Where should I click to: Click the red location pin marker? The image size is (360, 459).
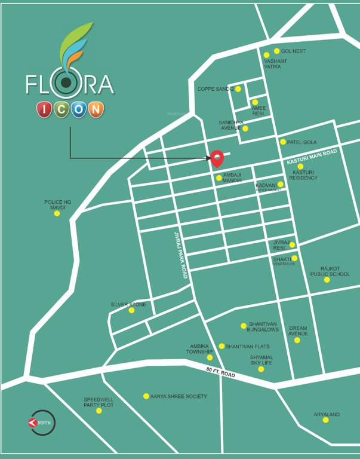[x=217, y=158]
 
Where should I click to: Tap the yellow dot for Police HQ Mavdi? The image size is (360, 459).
[x=57, y=213]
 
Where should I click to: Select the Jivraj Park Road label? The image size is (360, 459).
[x=181, y=255]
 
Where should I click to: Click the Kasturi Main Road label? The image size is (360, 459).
[x=312, y=157]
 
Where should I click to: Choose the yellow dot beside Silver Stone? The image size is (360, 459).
[x=131, y=310]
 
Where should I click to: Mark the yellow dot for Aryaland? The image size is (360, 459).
[x=326, y=420]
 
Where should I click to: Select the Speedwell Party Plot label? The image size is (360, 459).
[x=99, y=402]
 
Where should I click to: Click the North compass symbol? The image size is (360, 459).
[x=41, y=423]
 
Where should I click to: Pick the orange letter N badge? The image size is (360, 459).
[x=96, y=109]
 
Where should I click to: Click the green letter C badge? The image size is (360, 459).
[x=61, y=109]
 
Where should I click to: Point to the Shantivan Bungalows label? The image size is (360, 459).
[x=264, y=326]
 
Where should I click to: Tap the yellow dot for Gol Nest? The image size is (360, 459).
[x=276, y=51]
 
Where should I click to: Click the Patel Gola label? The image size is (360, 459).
[x=302, y=142]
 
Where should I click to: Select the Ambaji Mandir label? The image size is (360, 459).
[x=232, y=178]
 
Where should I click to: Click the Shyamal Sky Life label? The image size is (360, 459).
[x=261, y=360]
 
